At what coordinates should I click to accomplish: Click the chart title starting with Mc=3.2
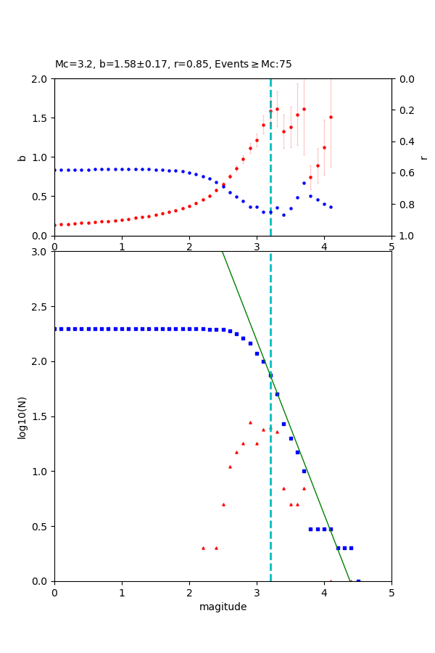tap(173, 65)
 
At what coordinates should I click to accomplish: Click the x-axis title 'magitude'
tap(223, 607)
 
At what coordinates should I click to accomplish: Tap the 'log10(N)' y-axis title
tap(22, 416)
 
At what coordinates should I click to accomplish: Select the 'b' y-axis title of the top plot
tap(22, 157)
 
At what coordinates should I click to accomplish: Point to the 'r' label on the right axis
tap(423, 157)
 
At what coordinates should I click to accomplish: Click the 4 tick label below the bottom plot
tap(324, 592)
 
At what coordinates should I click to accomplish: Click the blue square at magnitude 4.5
tap(358, 581)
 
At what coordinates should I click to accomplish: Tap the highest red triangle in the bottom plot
tap(250, 422)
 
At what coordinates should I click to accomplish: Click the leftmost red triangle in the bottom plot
tap(203, 548)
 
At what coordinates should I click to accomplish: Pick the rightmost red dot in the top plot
tap(331, 117)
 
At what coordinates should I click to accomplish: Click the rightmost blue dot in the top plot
tap(331, 207)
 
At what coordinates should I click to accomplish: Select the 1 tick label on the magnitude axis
tap(122, 592)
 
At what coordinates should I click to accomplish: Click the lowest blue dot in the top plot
tap(283, 215)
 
